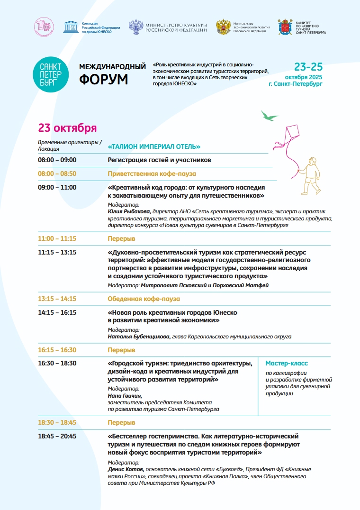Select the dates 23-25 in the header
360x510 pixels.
coord(308,66)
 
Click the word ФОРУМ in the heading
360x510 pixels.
coord(103,79)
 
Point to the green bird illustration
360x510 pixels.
coord(270,115)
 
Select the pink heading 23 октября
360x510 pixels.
coord(67,128)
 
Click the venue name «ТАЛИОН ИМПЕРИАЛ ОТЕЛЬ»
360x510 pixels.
coord(154,146)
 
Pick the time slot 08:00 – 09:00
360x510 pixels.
coord(57,160)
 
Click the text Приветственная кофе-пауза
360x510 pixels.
coord(152,173)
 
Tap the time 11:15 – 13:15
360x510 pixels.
coord(57,252)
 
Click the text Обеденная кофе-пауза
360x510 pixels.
coord(144,299)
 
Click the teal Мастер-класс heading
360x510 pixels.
coord(287,364)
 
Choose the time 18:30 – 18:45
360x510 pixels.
coord(57,422)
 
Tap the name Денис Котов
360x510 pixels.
coord(125,469)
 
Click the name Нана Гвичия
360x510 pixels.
coord(125,396)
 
